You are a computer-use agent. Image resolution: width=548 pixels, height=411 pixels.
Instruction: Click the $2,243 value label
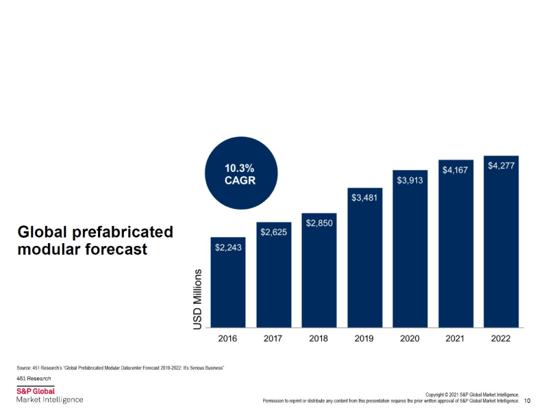[x=228, y=247]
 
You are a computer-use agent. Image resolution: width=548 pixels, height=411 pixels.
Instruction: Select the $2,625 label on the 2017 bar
[x=273, y=232]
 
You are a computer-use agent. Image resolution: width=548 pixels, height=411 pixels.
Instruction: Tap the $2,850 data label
[x=319, y=223]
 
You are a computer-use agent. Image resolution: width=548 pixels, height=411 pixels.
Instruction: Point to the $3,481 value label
[x=364, y=198]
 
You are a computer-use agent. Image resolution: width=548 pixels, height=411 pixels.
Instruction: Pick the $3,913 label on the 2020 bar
[x=410, y=179]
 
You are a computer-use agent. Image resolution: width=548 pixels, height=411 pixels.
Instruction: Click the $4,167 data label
[x=455, y=170]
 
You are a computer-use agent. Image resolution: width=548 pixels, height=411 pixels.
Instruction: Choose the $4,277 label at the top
[x=501, y=166]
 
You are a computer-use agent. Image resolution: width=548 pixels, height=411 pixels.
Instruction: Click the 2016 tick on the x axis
[x=228, y=338]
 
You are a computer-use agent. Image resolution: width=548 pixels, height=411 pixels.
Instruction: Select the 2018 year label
[x=319, y=338]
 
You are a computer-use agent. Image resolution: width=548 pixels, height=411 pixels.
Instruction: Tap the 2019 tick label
[x=364, y=338]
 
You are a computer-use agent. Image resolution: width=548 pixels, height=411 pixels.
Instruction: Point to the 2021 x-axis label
[x=455, y=338]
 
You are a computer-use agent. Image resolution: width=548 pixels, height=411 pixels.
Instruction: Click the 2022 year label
[x=501, y=338]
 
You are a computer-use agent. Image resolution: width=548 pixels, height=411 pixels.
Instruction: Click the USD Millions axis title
[x=198, y=299]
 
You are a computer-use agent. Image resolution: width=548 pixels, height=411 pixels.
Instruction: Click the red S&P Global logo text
[x=36, y=390]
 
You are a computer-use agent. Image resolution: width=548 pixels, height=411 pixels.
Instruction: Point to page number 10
[x=527, y=401]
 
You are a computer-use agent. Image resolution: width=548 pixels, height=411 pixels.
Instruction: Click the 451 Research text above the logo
[x=34, y=379]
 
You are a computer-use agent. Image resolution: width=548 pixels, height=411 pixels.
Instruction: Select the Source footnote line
[x=121, y=368]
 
